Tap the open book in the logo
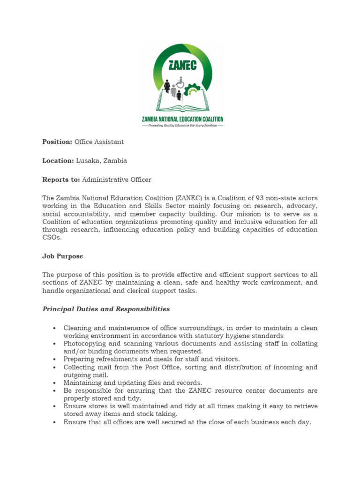tap(183, 105)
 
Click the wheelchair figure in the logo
tap(180, 82)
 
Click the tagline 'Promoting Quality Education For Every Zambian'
tap(183, 126)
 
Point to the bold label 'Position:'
tap(57, 142)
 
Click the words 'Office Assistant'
tap(99, 142)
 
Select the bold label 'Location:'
tap(58, 161)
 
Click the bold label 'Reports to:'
tap(61, 180)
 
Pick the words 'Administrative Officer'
tap(117, 180)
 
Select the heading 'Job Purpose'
tap(63, 256)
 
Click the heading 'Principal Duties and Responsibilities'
tap(106, 309)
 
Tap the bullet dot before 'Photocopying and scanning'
tap(55, 344)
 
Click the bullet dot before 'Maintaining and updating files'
tap(55, 383)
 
